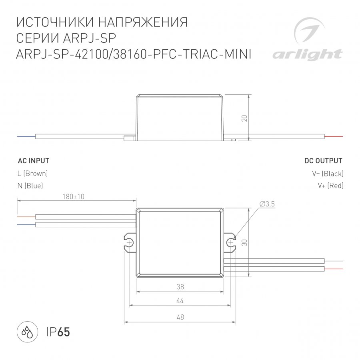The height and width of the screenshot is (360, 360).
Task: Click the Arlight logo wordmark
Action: [308, 55]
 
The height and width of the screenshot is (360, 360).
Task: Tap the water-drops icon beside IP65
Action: [27, 332]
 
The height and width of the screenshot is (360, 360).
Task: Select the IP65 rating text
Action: [58, 332]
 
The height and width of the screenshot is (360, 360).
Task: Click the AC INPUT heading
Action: [34, 161]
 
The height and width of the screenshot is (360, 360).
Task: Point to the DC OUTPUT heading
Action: [323, 161]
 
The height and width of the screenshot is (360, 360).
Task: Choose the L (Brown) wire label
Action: [33, 173]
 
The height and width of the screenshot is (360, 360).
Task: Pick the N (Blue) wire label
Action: [30, 186]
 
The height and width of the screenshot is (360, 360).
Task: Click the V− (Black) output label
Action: [328, 174]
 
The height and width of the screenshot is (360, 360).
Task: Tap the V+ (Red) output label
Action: [331, 186]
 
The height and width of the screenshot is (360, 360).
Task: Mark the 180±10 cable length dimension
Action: [74, 197]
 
